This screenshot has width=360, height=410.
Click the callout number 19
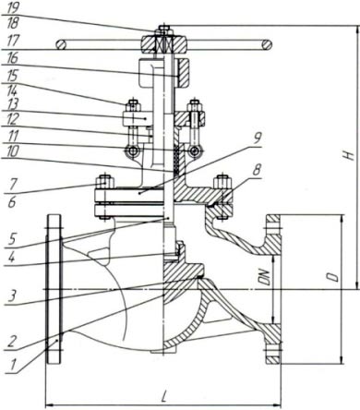click(x=13, y=7)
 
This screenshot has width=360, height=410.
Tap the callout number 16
click(x=12, y=58)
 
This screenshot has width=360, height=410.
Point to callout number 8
click(x=257, y=169)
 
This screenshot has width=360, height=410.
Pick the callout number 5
click(x=12, y=239)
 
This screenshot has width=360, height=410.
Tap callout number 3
click(x=12, y=295)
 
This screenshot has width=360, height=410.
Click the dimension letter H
click(x=348, y=154)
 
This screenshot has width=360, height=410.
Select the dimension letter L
click(x=165, y=397)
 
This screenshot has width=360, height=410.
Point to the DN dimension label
click(x=266, y=277)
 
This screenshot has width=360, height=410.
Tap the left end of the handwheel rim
click(x=61, y=45)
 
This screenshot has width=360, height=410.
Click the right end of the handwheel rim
click(x=267, y=44)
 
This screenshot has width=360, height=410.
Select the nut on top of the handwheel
click(x=163, y=30)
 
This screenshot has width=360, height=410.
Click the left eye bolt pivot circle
click(x=133, y=151)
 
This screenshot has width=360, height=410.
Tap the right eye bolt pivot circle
click(x=194, y=151)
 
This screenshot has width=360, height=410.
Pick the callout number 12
click(x=12, y=119)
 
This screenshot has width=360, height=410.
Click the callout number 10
click(x=12, y=151)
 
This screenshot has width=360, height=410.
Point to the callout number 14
click(x=12, y=90)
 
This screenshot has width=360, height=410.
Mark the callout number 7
click(x=11, y=185)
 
